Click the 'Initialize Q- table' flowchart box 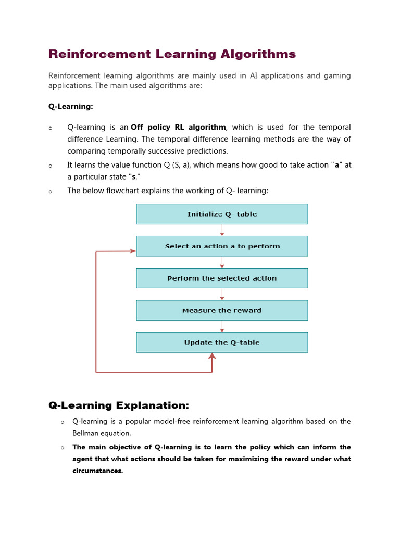click(x=222, y=214)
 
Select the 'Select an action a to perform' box click(x=222, y=246)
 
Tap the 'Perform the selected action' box click(x=222, y=278)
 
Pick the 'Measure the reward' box click(x=222, y=310)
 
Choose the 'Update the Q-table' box click(x=222, y=342)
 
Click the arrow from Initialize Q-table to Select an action click(x=222, y=230)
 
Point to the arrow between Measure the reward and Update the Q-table click(x=222, y=326)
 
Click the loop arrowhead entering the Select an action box click(x=131, y=251)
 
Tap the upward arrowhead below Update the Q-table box click(x=212, y=357)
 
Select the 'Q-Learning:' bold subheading click(x=70, y=106)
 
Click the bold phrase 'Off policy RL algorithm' click(x=178, y=127)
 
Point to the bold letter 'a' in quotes click(x=337, y=165)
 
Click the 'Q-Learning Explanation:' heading click(x=119, y=405)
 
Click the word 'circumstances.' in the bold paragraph click(x=97, y=471)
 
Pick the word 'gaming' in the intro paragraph click(x=337, y=76)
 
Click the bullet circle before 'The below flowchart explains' click(x=51, y=192)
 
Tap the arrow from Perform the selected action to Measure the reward click(x=222, y=294)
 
